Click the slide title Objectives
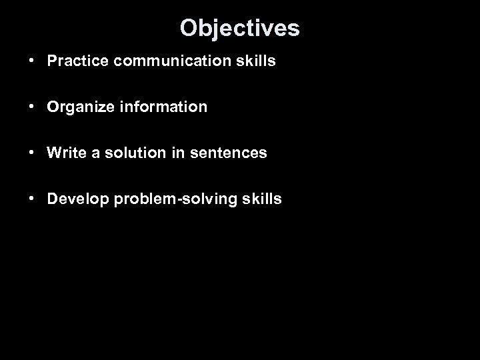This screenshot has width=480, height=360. coord(240,28)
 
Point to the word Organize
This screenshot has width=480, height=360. coord(75,107)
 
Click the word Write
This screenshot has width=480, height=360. coord(65,153)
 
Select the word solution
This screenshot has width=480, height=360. coord(129,153)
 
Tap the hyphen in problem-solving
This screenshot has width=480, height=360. coord(177,199)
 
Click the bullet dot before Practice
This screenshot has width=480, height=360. coord(32,61)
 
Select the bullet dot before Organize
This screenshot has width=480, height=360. coord(32,107)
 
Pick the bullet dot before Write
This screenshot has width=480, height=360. coord(32,153)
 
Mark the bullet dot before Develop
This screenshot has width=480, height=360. coord(32,199)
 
